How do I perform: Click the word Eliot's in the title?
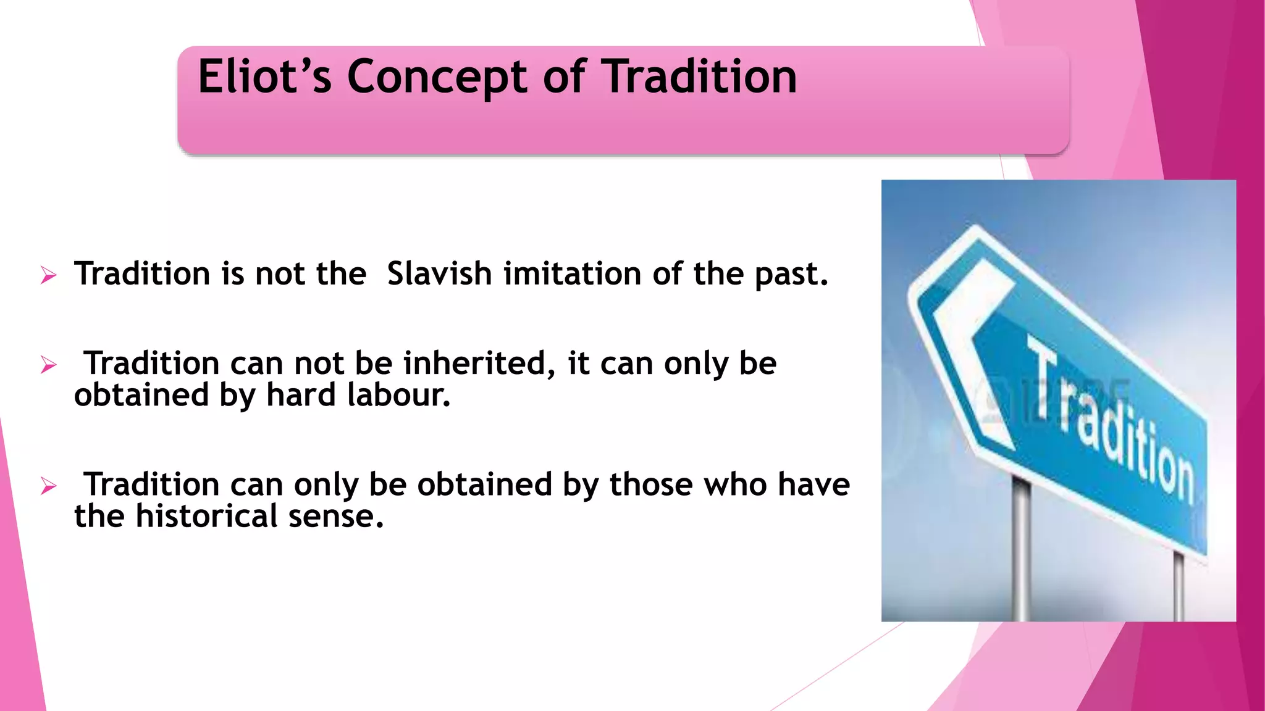(x=264, y=77)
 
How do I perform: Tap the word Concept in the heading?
(x=437, y=78)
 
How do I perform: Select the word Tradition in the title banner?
(x=699, y=77)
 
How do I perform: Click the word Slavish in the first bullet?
(x=439, y=273)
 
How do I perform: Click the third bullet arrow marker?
(x=49, y=486)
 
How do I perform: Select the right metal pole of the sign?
(x=1179, y=586)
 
